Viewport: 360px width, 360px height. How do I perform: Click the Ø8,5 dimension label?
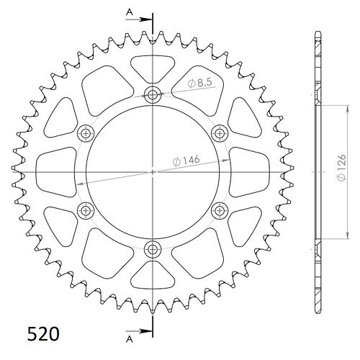[200, 83]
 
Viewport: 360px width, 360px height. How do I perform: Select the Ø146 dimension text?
[186, 161]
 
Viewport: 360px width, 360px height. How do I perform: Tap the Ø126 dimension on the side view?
[341, 167]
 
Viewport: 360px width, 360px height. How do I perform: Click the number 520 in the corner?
[43, 334]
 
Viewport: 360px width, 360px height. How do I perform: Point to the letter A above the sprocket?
[130, 12]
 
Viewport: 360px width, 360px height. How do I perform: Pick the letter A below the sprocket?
[130, 339]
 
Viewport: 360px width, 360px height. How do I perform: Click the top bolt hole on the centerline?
[153, 95]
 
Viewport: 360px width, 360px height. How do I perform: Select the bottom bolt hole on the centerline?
[153, 250]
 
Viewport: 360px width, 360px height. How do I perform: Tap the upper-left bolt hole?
[86, 133]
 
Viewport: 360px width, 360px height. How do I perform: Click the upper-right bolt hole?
[220, 133]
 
